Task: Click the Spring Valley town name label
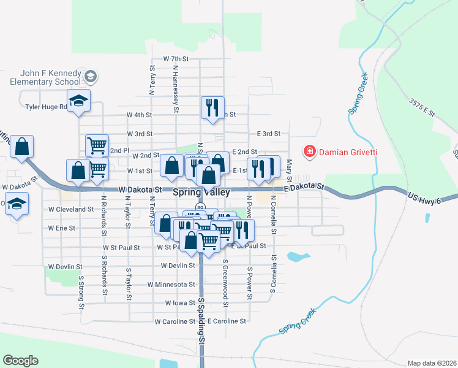tap(201, 192)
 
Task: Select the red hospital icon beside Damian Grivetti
tap(310, 151)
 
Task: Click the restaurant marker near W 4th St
tap(212, 108)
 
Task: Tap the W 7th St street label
tap(176, 58)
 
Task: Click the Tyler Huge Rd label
tap(45, 107)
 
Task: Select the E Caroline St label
tap(227, 321)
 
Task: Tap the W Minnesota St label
tap(171, 285)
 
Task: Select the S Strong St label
tap(81, 289)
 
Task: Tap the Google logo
tap(20, 361)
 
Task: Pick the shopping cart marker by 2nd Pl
tap(97, 145)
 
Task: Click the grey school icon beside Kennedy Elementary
tap(91, 77)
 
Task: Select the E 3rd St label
tap(268, 133)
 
